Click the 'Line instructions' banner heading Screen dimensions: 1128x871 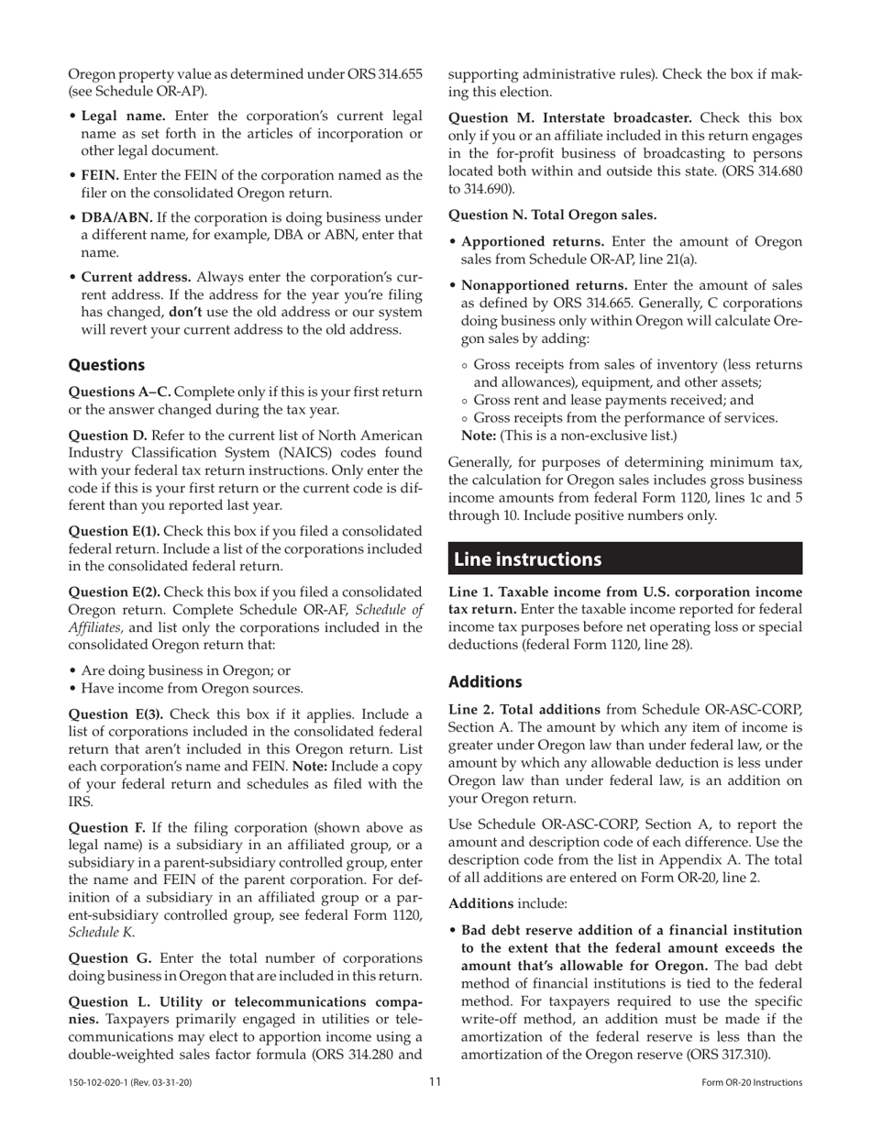pyautogui.click(x=528, y=559)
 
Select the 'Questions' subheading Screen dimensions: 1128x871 pyautogui.click(x=107, y=365)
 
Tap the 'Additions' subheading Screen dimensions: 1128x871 pyautogui.click(x=485, y=682)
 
